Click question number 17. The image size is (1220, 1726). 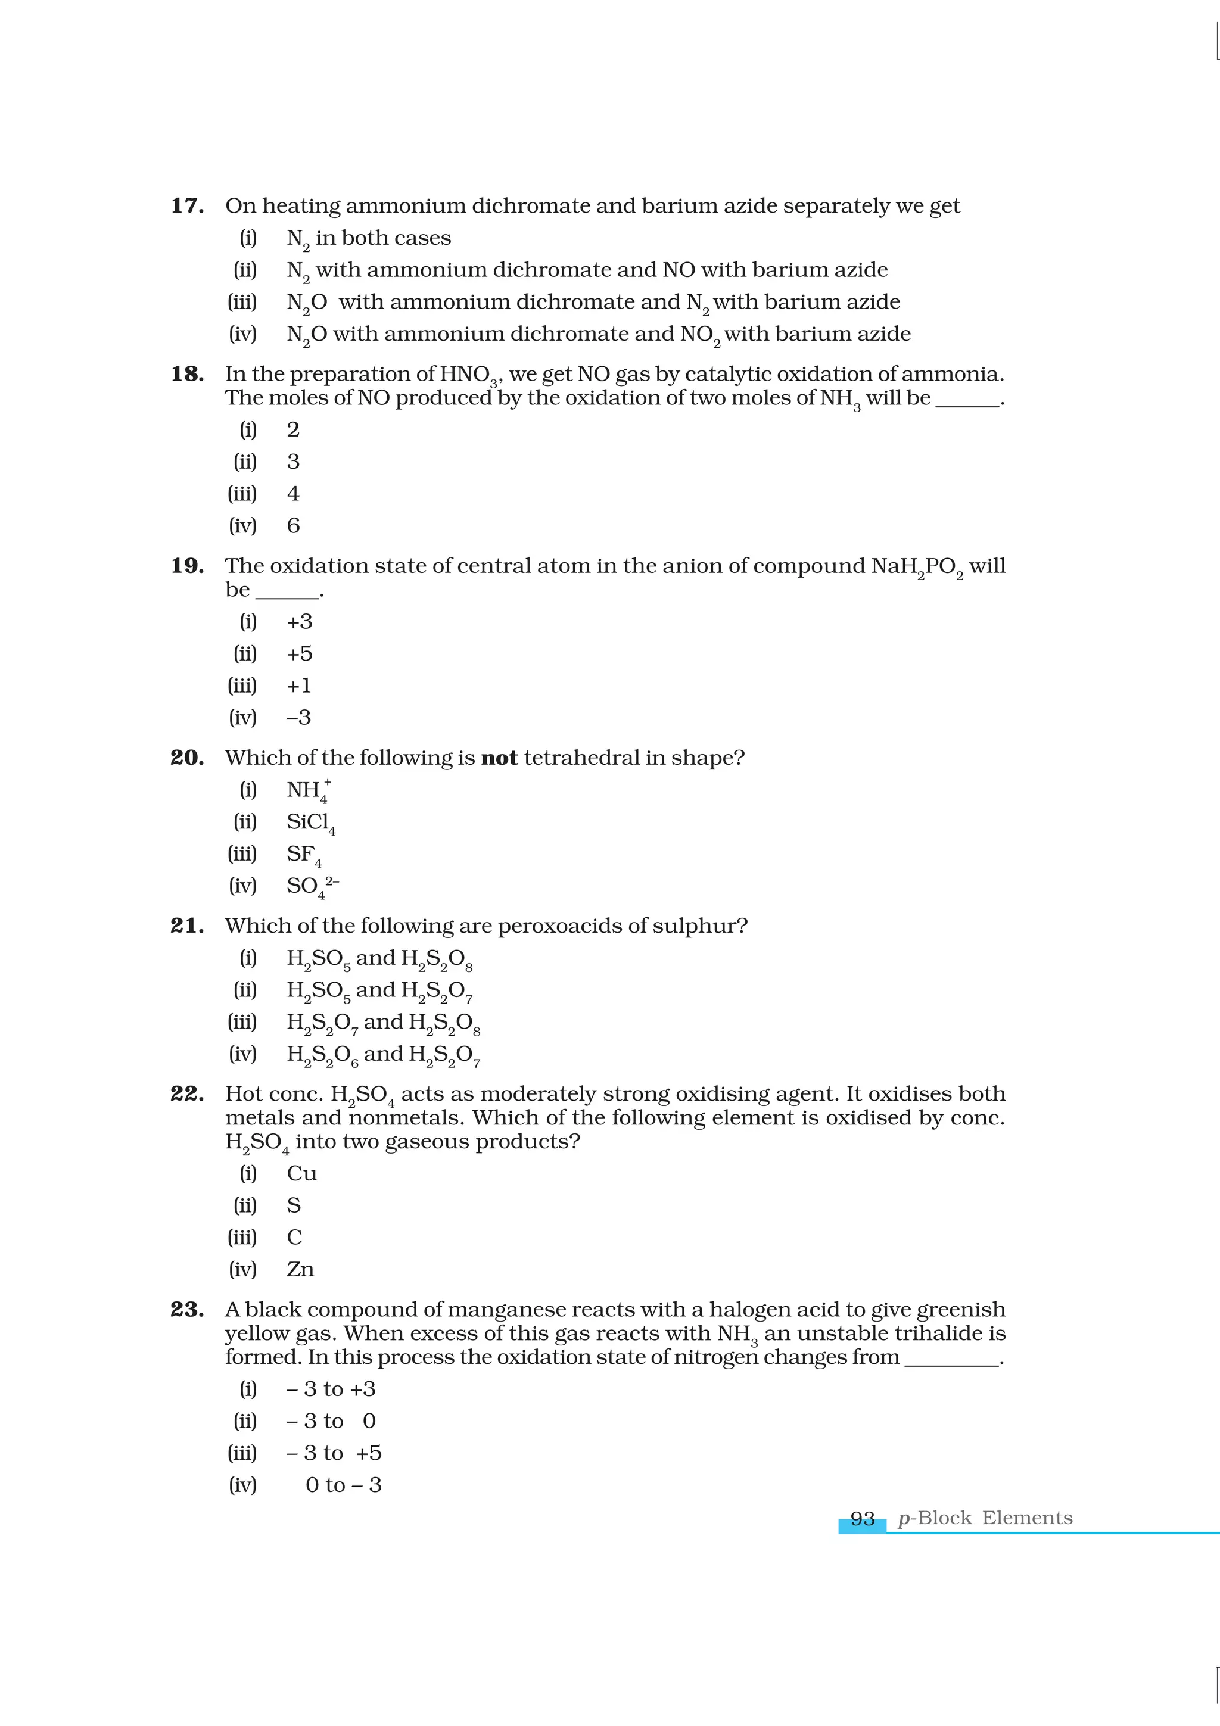click(x=187, y=206)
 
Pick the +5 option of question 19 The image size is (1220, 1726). click(x=299, y=654)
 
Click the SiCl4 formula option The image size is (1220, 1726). click(x=310, y=823)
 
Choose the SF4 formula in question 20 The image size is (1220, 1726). click(x=304, y=855)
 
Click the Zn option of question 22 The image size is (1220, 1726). click(x=300, y=1270)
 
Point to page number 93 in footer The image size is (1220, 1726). click(x=862, y=1519)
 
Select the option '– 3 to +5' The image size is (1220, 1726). click(x=334, y=1453)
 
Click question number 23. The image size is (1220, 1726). click(x=187, y=1310)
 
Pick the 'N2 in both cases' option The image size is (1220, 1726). click(x=368, y=238)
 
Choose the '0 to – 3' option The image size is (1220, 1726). click(x=344, y=1485)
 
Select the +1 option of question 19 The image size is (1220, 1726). click(x=298, y=686)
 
